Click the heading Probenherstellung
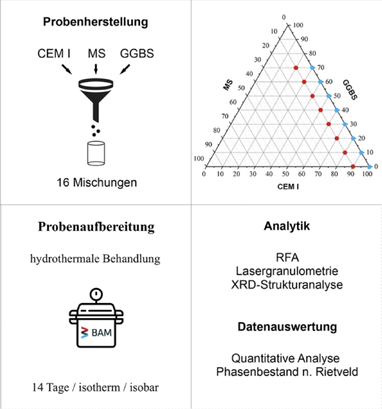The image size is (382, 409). coord(95,22)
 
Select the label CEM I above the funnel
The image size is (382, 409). coord(54,54)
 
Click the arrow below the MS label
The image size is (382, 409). coord(95,69)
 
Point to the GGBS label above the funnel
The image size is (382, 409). coord(137,54)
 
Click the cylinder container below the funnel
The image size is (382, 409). coord(96,153)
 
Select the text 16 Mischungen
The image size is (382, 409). coord(97,183)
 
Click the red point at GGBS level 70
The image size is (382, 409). coord(295,68)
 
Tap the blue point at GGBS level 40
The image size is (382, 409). coord(337,110)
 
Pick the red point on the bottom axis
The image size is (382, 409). coord(353,166)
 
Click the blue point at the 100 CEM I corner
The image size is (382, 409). coord(370,167)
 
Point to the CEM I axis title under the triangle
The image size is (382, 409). coord(288,187)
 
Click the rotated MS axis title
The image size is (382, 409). coord(228,85)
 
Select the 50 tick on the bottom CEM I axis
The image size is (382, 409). coord(285,174)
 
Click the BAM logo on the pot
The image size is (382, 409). coord(96,332)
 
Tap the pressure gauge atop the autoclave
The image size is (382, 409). coord(96,295)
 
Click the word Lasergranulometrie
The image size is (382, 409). coord(287,271)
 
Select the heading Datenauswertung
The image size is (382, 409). coord(287,327)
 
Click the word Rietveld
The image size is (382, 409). coord(337,372)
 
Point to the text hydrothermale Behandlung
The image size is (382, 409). coord(95,259)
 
